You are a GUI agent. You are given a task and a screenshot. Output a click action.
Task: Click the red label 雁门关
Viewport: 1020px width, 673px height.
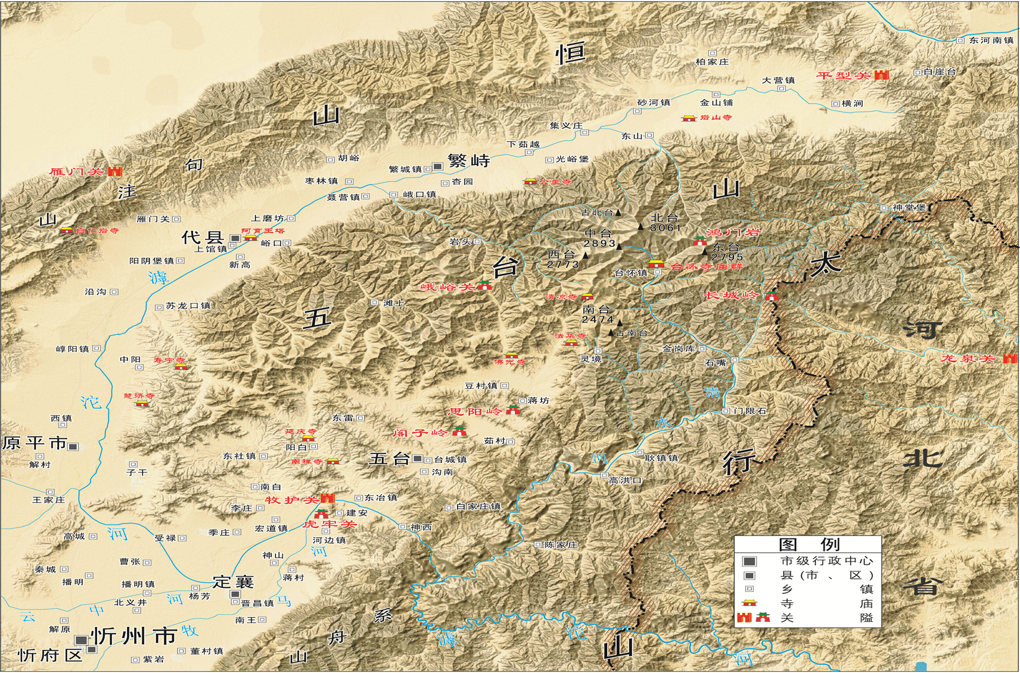click(77, 172)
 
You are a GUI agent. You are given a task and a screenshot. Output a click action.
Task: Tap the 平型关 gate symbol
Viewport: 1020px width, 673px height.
click(881, 75)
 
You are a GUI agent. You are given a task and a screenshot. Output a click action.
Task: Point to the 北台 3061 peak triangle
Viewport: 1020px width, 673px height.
click(640, 226)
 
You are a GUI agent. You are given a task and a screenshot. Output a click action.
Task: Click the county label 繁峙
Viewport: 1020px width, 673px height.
click(469, 161)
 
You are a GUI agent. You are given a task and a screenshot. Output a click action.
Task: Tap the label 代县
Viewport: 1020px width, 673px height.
click(203, 238)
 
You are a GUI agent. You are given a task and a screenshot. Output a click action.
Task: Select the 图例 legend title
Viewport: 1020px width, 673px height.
click(808, 544)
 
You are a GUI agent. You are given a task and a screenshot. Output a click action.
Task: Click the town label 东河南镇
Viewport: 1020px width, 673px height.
click(991, 40)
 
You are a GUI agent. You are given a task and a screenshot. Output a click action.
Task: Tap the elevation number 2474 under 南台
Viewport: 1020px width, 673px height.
click(598, 319)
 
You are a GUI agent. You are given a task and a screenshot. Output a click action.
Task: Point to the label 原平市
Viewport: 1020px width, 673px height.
click(35, 443)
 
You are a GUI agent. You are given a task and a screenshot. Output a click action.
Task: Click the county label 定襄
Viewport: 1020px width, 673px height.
click(234, 581)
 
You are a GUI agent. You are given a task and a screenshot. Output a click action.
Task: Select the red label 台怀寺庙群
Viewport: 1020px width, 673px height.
click(707, 267)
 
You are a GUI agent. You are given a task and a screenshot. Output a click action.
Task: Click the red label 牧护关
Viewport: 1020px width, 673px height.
click(291, 500)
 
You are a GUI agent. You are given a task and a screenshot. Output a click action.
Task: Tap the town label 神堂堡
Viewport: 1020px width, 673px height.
click(909, 208)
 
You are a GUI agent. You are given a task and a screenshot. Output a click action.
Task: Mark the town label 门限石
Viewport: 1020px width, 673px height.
click(750, 411)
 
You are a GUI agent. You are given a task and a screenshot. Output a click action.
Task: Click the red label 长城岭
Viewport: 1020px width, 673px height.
click(731, 295)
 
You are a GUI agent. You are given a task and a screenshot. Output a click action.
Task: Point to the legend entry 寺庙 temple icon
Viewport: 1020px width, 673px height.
click(749, 603)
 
